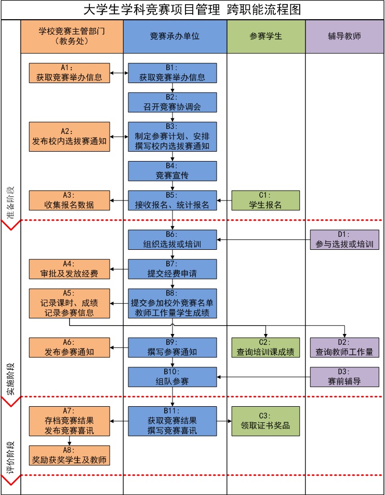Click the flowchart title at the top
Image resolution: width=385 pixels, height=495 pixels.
pos(192,10)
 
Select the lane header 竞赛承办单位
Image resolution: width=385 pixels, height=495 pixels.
pos(175,36)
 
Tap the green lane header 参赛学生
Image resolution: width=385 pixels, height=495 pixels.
pos(265,36)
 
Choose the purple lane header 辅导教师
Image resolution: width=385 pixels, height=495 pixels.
pos(344,36)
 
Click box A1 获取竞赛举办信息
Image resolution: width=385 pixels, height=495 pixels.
pos(69,73)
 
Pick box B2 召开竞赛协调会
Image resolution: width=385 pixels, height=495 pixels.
pos(172,103)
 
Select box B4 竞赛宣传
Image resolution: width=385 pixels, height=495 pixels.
pos(172,171)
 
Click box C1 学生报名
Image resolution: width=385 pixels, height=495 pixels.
pos(265,200)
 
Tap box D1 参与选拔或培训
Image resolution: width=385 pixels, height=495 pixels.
pos(344,239)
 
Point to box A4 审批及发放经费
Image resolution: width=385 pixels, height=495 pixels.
pos(69,269)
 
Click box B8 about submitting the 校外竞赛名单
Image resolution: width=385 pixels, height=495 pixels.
pos(172,303)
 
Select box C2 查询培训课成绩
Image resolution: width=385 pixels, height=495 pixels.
pos(265,347)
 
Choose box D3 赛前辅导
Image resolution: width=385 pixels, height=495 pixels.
pos(344,377)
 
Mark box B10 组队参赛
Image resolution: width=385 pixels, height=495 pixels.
pos(172,377)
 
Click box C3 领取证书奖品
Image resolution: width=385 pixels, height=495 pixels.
pos(265,421)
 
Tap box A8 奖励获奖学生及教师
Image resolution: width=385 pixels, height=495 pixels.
pos(69,456)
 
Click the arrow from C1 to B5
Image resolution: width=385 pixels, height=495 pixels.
pos(224,200)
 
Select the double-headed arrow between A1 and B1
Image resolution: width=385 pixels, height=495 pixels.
pos(119,73)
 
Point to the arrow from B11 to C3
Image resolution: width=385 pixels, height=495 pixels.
pos(224,421)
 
